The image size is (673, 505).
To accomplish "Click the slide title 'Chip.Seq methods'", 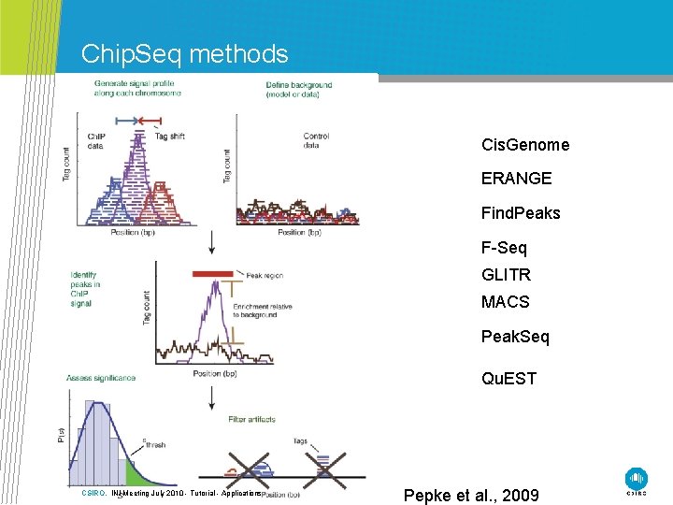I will coord(184,54).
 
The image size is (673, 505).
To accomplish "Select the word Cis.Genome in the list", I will coord(524,145).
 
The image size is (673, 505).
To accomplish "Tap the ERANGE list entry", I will coord(516,178).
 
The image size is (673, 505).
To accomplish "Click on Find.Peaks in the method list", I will coord(521,213).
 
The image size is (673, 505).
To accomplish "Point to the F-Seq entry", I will coord(504,248).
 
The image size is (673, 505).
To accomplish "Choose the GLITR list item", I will coord(506,275).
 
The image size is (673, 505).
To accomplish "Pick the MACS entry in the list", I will coord(505,302).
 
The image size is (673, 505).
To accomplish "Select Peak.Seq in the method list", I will coord(515,337).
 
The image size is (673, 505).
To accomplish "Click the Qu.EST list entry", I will coord(508,379).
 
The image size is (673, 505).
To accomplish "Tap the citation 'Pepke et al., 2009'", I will coord(471,495).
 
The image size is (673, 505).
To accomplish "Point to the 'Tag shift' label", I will coord(169,137).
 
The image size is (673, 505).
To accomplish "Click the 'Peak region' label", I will coord(265,276).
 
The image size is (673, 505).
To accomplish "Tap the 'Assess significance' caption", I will coord(101,378).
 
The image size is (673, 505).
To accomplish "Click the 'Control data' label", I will coord(316,141).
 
